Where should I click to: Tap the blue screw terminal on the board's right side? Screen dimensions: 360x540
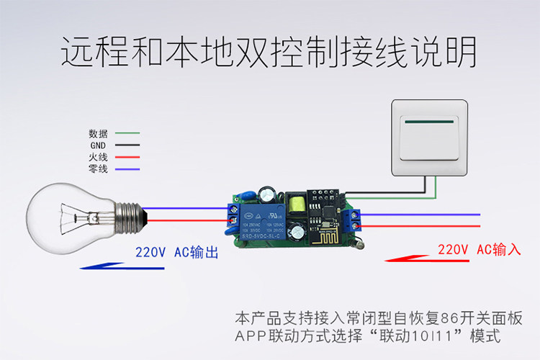[x=354, y=220]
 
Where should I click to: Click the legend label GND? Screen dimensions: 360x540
[x=98, y=145]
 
